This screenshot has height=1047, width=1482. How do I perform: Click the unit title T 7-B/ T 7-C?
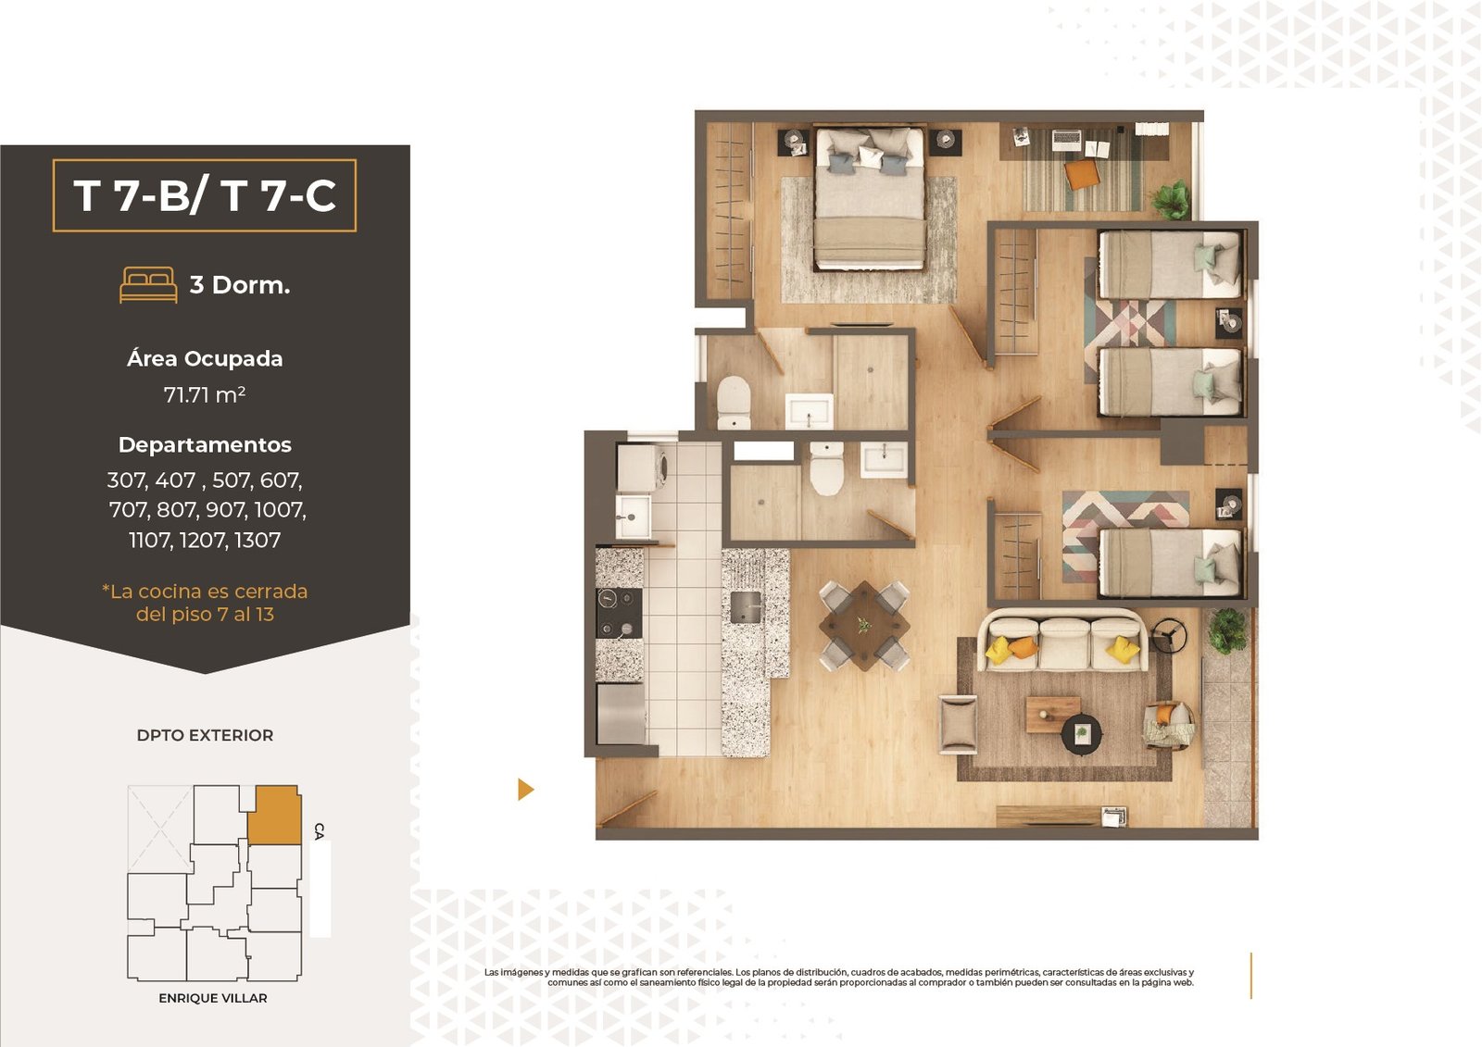click(205, 195)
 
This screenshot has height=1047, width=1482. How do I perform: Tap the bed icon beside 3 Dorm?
click(148, 284)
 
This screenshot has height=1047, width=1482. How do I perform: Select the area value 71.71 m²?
click(205, 395)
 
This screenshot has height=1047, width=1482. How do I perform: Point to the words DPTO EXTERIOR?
click(205, 735)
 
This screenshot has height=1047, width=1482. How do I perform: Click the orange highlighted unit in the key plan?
click(274, 815)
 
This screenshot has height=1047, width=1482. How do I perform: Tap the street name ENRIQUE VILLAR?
click(213, 998)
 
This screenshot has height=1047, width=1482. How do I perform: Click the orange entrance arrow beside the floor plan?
click(525, 789)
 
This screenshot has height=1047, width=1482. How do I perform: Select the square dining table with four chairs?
click(864, 625)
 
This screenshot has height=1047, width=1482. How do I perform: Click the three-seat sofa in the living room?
click(1062, 641)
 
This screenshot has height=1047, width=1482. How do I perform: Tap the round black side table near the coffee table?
click(1082, 733)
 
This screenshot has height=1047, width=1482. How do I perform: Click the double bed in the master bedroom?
click(870, 198)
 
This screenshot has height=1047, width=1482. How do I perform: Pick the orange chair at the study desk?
click(1082, 174)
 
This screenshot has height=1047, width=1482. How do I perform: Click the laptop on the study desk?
click(1066, 140)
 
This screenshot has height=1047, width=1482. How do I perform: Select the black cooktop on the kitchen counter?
click(619, 613)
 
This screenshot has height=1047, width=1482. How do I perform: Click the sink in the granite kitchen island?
click(746, 607)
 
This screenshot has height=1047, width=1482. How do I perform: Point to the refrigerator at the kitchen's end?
click(622, 714)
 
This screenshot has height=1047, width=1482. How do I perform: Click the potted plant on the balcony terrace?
click(1226, 630)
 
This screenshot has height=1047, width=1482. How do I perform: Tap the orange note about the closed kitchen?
click(205, 603)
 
